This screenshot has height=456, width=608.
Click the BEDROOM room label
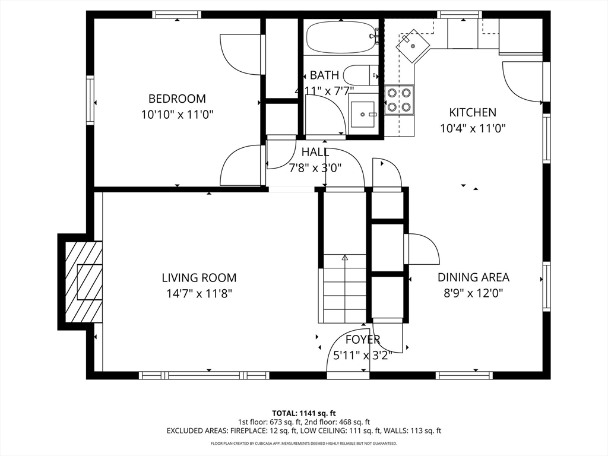177,99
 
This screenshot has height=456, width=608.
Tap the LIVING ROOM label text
199,278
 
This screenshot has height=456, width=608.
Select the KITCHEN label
472,112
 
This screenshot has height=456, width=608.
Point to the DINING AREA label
473,277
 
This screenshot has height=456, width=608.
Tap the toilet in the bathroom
361,75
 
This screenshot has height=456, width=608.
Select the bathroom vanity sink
363,115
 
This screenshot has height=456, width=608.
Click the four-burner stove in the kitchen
399,100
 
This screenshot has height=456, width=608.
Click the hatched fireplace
83,282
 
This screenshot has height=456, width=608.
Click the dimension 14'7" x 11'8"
199,293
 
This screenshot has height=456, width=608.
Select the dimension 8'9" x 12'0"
473,293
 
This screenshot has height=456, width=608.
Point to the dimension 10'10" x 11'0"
177,115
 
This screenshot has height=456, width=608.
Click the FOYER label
363,340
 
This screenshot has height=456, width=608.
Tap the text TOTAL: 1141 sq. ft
301,413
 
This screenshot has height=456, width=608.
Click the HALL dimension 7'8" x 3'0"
315,168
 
